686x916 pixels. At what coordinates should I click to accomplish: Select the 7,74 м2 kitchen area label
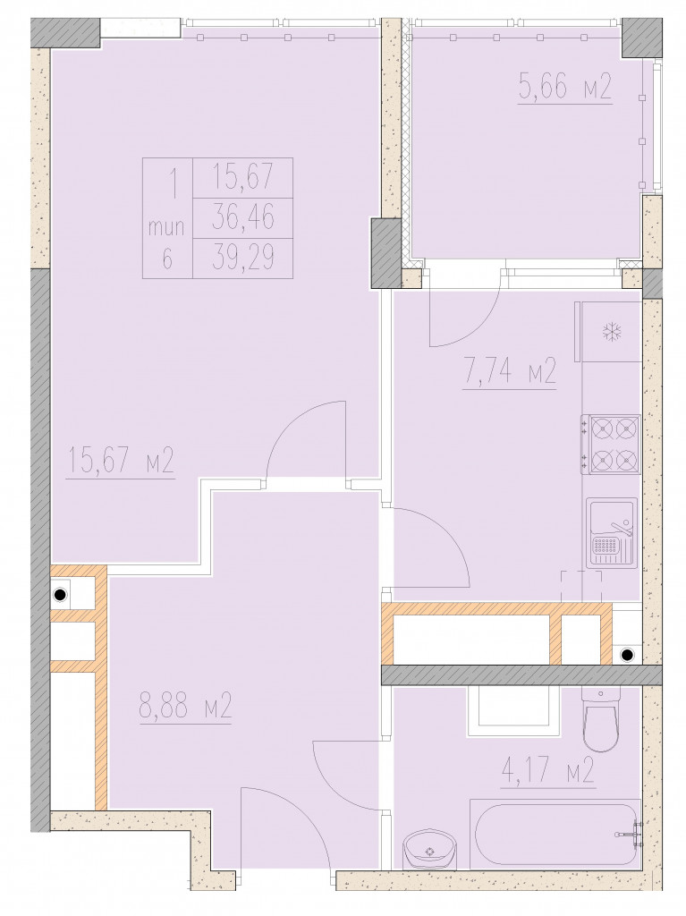click(x=509, y=371)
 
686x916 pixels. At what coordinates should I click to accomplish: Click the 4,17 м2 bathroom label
click(x=548, y=769)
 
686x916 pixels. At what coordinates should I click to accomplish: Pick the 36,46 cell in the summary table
click(x=242, y=218)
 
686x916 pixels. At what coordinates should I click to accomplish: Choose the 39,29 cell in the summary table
click(x=242, y=258)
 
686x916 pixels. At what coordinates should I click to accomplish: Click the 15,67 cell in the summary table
click(x=242, y=178)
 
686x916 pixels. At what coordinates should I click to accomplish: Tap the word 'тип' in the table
click(x=167, y=226)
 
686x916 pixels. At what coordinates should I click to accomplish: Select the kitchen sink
click(x=612, y=531)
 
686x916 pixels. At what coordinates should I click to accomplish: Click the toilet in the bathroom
click(x=601, y=718)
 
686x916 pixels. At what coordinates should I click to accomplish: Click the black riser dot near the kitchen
click(x=626, y=655)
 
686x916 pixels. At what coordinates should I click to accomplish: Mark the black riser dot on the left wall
click(x=59, y=595)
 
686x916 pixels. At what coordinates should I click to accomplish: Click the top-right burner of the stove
click(x=626, y=428)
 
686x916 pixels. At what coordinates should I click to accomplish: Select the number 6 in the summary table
click(x=167, y=259)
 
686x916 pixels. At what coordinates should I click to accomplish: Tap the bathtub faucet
click(x=631, y=833)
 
